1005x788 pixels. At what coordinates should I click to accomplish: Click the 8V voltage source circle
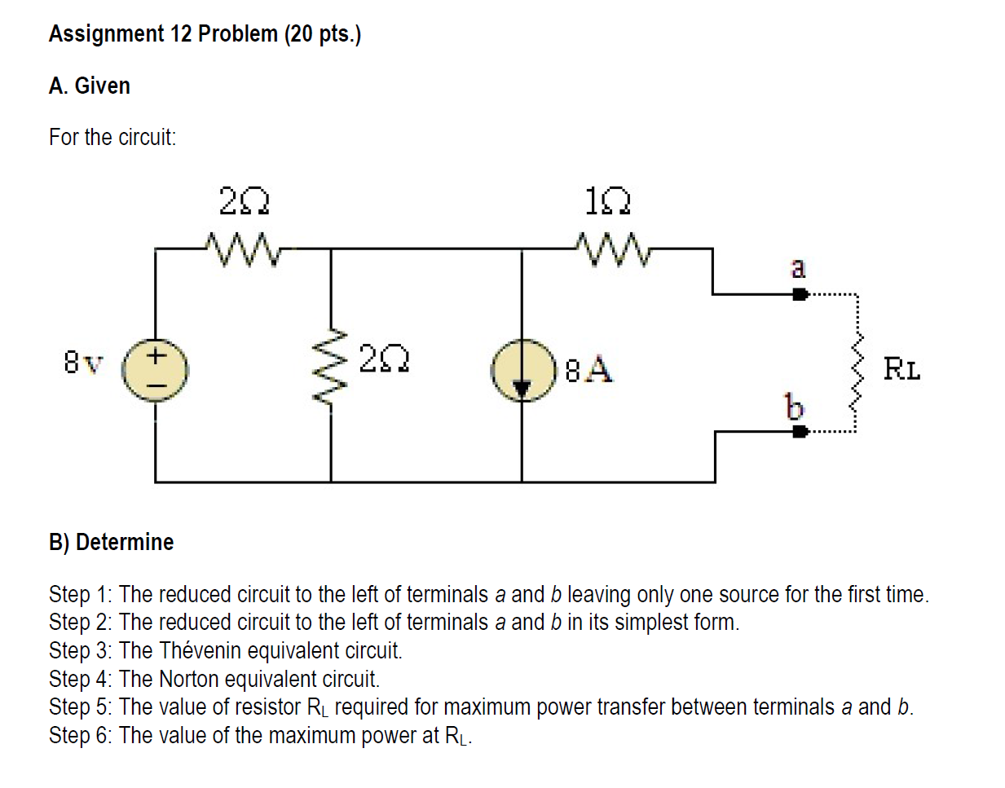coord(155,370)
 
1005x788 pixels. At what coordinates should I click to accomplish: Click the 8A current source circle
coord(522,370)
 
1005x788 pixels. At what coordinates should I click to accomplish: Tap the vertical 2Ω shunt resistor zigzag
coord(331,370)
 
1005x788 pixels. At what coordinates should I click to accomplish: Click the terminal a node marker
coord(800,294)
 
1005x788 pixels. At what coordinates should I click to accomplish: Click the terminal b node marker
coord(800,431)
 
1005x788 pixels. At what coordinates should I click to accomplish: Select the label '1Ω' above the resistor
coord(608,200)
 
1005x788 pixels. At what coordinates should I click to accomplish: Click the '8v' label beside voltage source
coord(83,362)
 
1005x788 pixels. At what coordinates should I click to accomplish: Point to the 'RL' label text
coord(901,369)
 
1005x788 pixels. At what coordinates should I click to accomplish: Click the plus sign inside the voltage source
coord(156,355)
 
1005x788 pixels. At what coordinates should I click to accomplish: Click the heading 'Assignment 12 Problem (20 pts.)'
coord(205,33)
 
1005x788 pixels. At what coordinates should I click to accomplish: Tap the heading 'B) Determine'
coord(111,542)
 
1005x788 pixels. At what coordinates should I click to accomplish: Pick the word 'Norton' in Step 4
coord(188,679)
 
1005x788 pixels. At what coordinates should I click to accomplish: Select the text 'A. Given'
coord(89,86)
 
